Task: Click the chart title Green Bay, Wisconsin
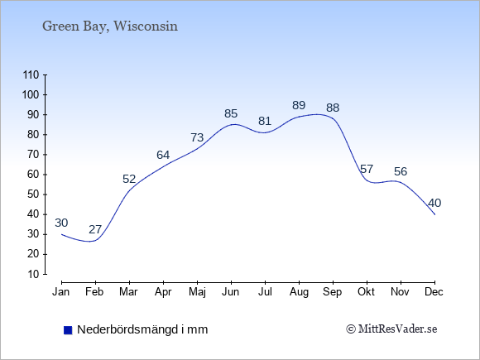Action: (x=110, y=26)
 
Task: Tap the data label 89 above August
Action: (x=299, y=105)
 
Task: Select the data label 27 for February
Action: (x=95, y=229)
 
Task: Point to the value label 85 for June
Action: (x=231, y=113)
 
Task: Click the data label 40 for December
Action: (x=434, y=203)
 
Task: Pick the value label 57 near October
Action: (x=367, y=169)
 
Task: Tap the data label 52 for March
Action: (x=129, y=179)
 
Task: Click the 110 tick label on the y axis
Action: (x=31, y=75)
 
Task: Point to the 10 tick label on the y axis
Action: (x=33, y=274)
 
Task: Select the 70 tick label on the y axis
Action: (x=33, y=155)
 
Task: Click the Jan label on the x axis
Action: (x=61, y=292)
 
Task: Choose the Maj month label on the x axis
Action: (x=197, y=292)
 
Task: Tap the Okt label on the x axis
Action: (x=366, y=292)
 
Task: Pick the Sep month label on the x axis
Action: (x=333, y=292)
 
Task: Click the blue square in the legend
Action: (x=68, y=330)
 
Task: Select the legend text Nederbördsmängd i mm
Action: (x=142, y=329)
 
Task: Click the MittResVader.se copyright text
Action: (x=391, y=329)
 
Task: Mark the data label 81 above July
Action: (x=265, y=121)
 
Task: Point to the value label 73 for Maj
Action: (x=197, y=137)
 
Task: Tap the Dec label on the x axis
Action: (x=434, y=292)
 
